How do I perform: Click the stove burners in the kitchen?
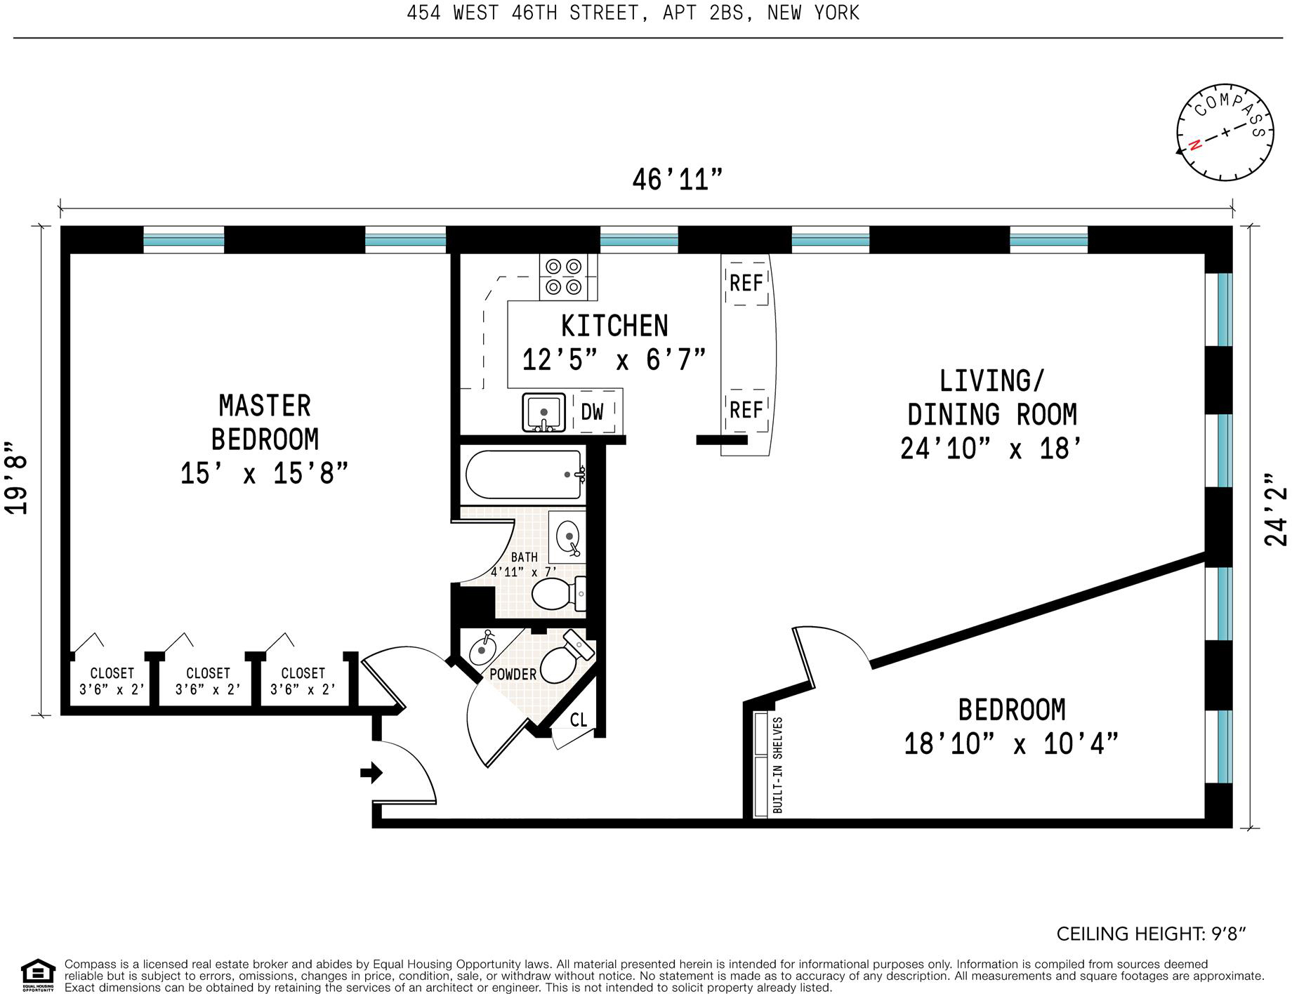click(x=564, y=277)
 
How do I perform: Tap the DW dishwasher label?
click(x=592, y=412)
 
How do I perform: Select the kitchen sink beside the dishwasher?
click(x=543, y=413)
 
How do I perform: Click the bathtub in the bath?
click(x=524, y=475)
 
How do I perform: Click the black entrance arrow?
click(x=371, y=773)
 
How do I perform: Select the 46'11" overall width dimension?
click(x=677, y=180)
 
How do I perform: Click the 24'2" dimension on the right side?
click(x=1276, y=510)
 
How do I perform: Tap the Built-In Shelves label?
click(x=777, y=765)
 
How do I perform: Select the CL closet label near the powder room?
click(x=578, y=720)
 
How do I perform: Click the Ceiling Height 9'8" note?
click(x=1151, y=934)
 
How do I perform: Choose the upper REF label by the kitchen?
click(x=746, y=283)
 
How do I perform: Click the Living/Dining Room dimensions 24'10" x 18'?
click(x=990, y=448)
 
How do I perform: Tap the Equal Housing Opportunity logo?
click(x=38, y=974)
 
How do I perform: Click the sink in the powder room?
click(x=482, y=649)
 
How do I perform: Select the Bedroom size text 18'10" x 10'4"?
click(x=1010, y=743)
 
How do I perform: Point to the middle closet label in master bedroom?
click(x=208, y=681)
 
